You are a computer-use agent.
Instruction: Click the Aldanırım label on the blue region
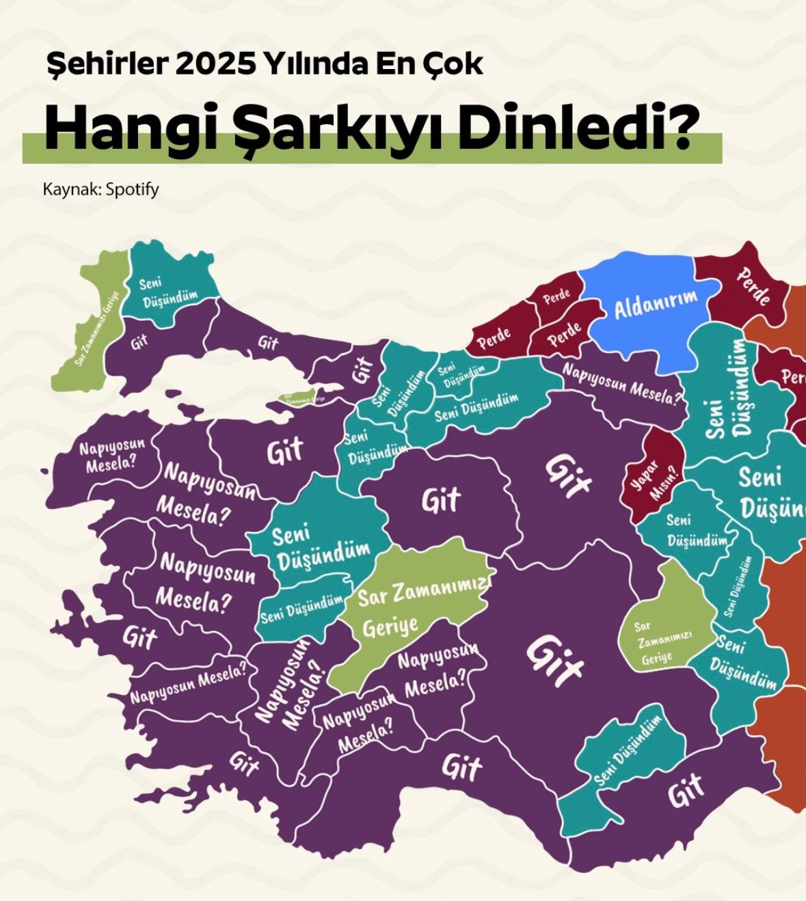coord(655,304)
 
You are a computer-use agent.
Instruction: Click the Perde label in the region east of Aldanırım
coord(754,286)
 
